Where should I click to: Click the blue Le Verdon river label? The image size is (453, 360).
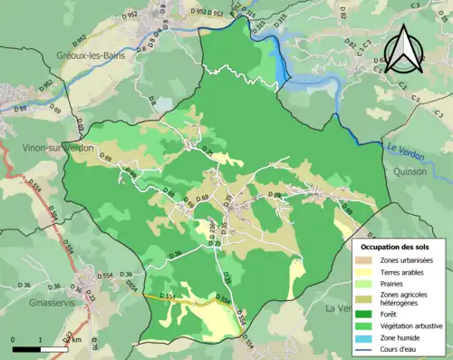coord(405,151)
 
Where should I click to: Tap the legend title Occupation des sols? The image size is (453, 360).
coord(395,246)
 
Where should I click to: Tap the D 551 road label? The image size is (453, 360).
coord(168,297)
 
